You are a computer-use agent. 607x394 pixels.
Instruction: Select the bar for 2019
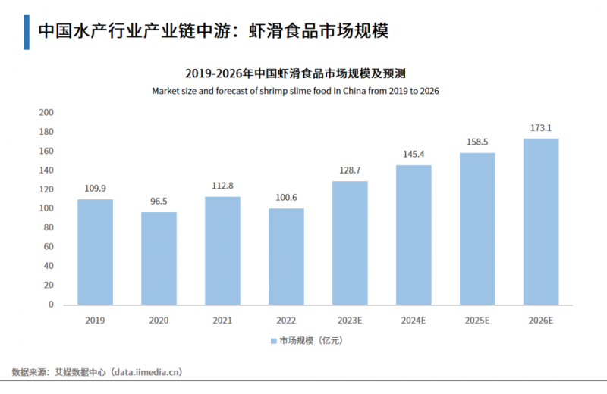(95, 252)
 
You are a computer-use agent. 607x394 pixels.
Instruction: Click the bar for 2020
(159, 258)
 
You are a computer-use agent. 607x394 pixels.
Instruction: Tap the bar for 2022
(286, 256)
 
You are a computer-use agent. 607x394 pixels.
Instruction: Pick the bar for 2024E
(414, 235)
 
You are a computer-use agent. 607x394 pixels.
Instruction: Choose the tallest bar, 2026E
(541, 221)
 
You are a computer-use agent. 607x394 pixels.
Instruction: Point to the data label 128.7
(350, 171)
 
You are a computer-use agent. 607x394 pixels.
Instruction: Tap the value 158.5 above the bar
(477, 142)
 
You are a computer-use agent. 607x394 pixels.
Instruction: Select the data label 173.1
(541, 128)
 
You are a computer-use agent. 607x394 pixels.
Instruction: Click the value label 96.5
(159, 202)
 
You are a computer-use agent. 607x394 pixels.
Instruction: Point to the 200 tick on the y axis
(46, 112)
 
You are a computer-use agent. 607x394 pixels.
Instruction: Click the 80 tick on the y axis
(49, 227)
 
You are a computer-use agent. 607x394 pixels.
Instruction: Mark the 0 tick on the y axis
(51, 305)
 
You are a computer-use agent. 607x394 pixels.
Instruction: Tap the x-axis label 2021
(222, 321)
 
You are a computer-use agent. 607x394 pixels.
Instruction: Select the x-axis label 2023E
(350, 321)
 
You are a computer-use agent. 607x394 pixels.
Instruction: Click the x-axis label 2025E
(477, 321)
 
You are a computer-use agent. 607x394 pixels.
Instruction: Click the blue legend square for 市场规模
(274, 342)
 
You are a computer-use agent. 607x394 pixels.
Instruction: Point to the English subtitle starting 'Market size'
(296, 90)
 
